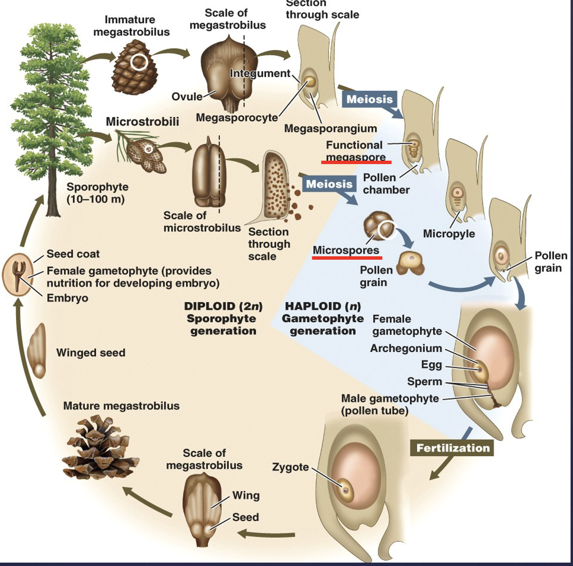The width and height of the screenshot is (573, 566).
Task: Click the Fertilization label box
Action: (453, 448)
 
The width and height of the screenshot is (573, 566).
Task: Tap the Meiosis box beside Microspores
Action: (329, 184)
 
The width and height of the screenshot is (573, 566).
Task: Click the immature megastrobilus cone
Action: (135, 67)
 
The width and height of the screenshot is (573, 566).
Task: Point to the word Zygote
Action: (290, 467)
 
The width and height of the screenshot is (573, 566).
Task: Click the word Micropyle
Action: (449, 234)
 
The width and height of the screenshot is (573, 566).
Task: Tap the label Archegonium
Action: (406, 349)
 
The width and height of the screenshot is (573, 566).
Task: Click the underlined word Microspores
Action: (346, 250)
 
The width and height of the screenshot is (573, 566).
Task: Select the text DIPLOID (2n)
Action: (223, 306)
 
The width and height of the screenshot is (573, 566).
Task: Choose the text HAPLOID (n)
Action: (322, 306)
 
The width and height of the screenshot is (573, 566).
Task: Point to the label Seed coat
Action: (73, 254)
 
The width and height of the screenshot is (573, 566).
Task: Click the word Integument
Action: (260, 73)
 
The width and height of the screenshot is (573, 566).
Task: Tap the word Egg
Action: (431, 365)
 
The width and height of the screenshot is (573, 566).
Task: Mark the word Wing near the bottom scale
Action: (246, 496)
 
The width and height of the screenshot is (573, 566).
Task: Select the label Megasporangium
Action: (330, 129)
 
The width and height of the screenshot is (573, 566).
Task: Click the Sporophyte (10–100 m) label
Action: (97, 193)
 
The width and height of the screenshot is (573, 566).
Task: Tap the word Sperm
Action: (424, 382)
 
